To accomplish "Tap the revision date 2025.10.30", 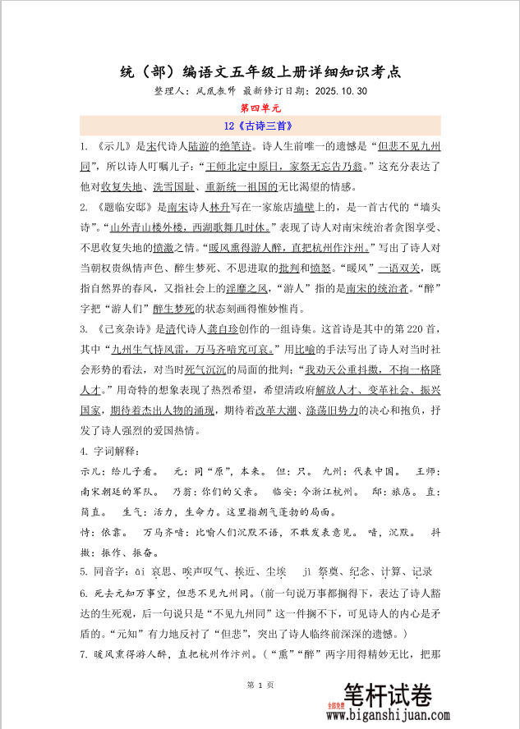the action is (x=340, y=91).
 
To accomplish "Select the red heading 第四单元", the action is (x=260, y=108).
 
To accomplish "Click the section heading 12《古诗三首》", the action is (x=260, y=126).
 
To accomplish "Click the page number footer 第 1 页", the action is (x=260, y=685).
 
